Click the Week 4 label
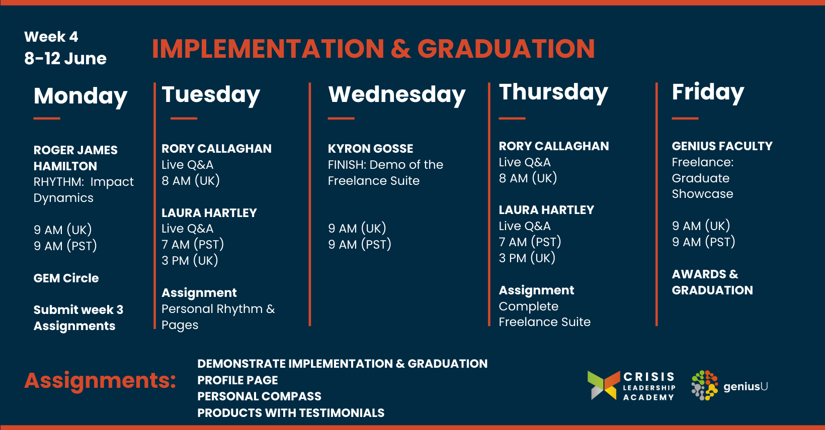pos(51,37)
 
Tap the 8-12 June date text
pos(65,58)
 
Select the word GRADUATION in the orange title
pos(506,49)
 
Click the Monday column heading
pos(80,96)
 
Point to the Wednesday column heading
pos(397,95)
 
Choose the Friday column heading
pos(708,92)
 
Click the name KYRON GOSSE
pos(371,149)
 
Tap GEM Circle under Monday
pos(66,278)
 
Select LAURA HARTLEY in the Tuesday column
pos(209,213)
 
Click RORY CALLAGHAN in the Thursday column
pos(554,146)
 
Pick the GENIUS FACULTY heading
pos(722,146)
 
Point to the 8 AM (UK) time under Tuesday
pos(191,181)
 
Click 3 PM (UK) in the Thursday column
pos(527,258)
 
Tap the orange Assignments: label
pos(100,381)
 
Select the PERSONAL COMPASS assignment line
pos(259,396)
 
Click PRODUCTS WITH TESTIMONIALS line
pos(291,413)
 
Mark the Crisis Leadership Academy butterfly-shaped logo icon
pos(604,385)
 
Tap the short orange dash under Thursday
pos(512,119)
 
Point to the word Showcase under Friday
pos(702,194)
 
